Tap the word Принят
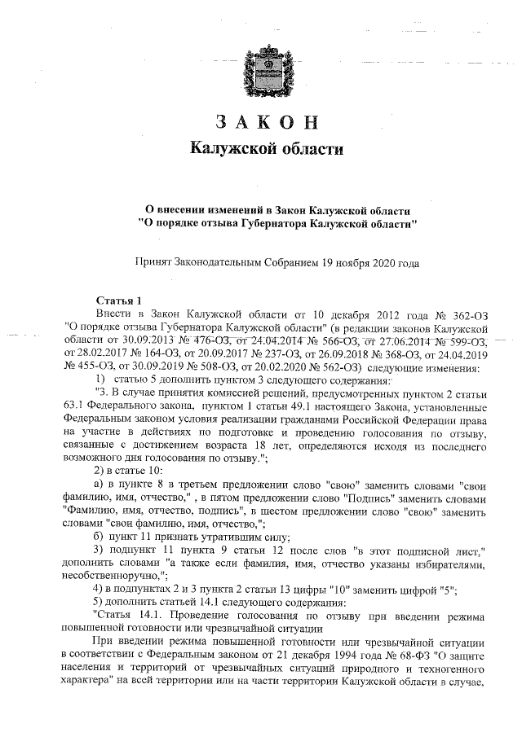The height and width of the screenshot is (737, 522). pos(154,263)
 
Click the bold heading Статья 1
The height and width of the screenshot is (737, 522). pos(119,300)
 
